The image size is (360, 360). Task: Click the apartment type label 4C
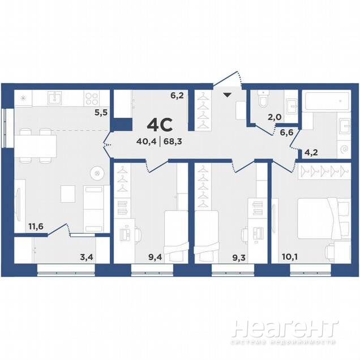click(x=160, y=125)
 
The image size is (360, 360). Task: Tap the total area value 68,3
click(x=173, y=142)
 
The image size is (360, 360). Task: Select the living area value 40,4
click(x=146, y=142)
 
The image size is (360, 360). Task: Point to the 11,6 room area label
click(x=36, y=226)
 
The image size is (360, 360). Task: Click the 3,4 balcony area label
click(x=87, y=257)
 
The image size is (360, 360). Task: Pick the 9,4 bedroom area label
click(x=155, y=257)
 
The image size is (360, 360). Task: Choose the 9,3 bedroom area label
click(x=239, y=258)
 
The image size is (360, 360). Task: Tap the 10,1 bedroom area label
click(x=290, y=256)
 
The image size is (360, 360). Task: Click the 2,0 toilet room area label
click(x=275, y=117)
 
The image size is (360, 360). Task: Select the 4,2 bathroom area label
click(x=311, y=152)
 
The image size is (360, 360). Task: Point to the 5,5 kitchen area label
click(x=101, y=113)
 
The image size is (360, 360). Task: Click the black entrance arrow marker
click(x=228, y=95)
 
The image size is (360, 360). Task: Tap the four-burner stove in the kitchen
click(x=92, y=98)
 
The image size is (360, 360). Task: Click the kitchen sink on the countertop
click(x=55, y=98)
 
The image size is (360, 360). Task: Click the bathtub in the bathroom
click(x=327, y=100)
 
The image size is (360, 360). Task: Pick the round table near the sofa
click(x=97, y=173)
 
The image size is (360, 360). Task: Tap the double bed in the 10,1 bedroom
click(x=324, y=218)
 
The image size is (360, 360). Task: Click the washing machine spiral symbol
click(x=344, y=149)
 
